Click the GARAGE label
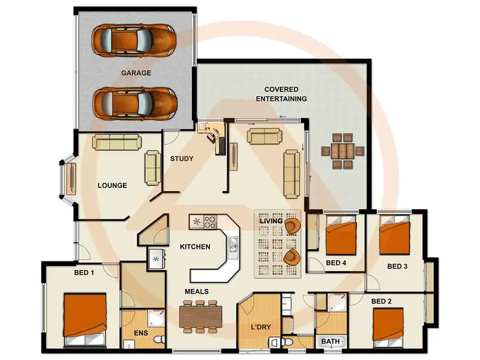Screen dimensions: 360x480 pos(136,73)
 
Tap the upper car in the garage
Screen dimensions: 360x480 pos(134,40)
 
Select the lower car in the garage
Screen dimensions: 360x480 pos(134,102)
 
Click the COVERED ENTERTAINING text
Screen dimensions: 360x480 pos(281,94)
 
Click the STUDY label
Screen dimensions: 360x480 pos(182,159)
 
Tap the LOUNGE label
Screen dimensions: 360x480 pos(112,186)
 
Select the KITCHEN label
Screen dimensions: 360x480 pos(195,246)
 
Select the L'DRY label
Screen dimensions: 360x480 pos(260,328)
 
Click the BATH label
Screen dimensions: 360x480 pos(330,341)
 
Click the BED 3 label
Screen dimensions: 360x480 pos(397,266)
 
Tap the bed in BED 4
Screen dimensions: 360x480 pos(340,237)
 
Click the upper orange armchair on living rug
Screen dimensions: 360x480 pos(292,226)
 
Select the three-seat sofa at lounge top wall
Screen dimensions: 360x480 pos(116,142)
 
